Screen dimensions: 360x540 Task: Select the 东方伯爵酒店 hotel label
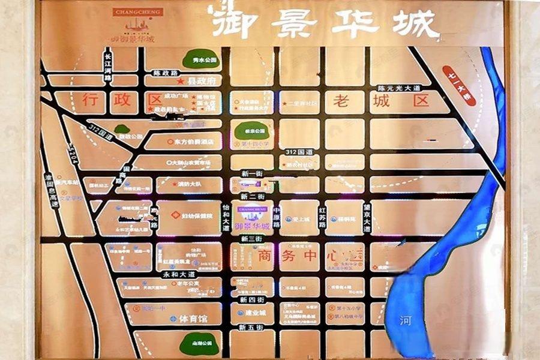(x=194, y=142)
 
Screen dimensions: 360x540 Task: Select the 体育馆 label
(x=193, y=319)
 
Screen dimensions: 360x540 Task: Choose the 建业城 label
(x=255, y=313)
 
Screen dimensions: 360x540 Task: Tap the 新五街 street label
(x=251, y=327)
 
